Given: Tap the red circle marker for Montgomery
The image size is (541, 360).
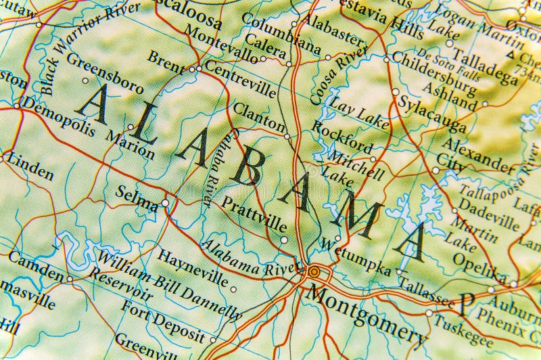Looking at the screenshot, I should tap(314, 272).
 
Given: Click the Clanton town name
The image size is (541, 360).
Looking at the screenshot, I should tap(259, 116).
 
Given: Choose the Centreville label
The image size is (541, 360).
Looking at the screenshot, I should tap(239, 78).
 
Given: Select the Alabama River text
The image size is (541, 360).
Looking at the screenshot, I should tap(249, 256).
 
